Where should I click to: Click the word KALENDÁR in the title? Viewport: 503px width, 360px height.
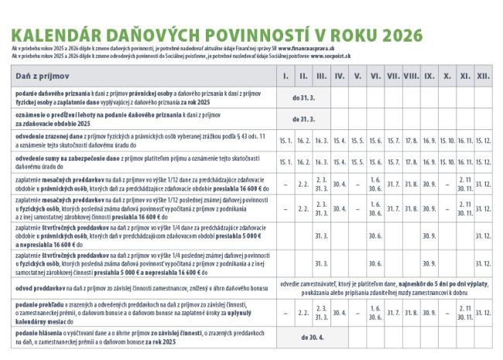click(55, 36)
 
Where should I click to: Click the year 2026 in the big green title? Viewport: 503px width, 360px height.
click(395, 36)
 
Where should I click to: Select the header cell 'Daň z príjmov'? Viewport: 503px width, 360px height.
click(43, 76)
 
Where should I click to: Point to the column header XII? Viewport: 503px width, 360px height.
click(484, 76)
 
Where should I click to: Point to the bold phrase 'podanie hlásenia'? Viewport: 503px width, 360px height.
click(39, 333)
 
